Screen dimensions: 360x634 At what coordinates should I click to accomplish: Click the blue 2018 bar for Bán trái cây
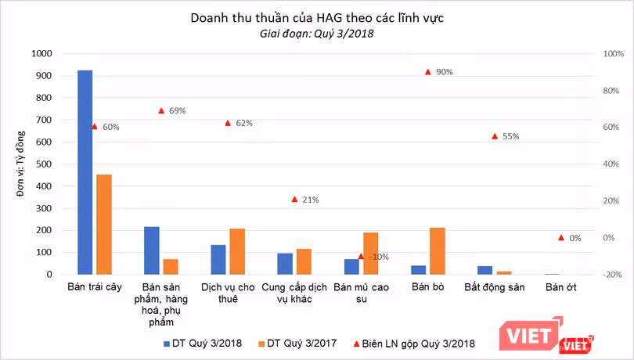pos(85,172)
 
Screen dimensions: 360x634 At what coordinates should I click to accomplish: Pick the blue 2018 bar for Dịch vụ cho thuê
pos(218,260)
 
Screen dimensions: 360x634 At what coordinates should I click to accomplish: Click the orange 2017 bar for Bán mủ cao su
pos(371,254)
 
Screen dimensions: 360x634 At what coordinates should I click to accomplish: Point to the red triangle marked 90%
pos(427,72)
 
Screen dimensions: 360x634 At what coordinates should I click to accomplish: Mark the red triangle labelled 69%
pos(161,111)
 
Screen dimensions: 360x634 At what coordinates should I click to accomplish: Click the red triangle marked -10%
pos(361,256)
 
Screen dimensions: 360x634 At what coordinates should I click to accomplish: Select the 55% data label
pos(511,136)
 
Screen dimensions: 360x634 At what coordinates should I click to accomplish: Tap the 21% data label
pos(311,200)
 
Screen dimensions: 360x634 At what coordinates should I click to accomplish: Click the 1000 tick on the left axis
pos(41,54)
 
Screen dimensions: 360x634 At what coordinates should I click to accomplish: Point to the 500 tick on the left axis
pos(44,164)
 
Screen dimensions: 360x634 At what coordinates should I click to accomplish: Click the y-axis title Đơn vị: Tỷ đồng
pos(17,164)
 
